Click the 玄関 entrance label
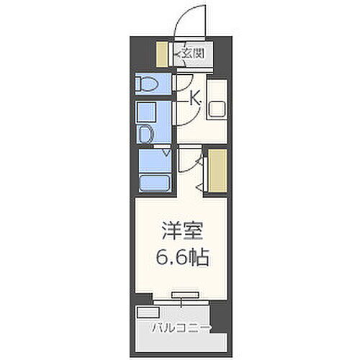click(191, 53)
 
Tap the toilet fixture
click(146, 84)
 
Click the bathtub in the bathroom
click(153, 181)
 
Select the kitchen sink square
click(218, 109)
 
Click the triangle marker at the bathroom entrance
click(166, 153)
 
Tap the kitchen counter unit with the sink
click(217, 108)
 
